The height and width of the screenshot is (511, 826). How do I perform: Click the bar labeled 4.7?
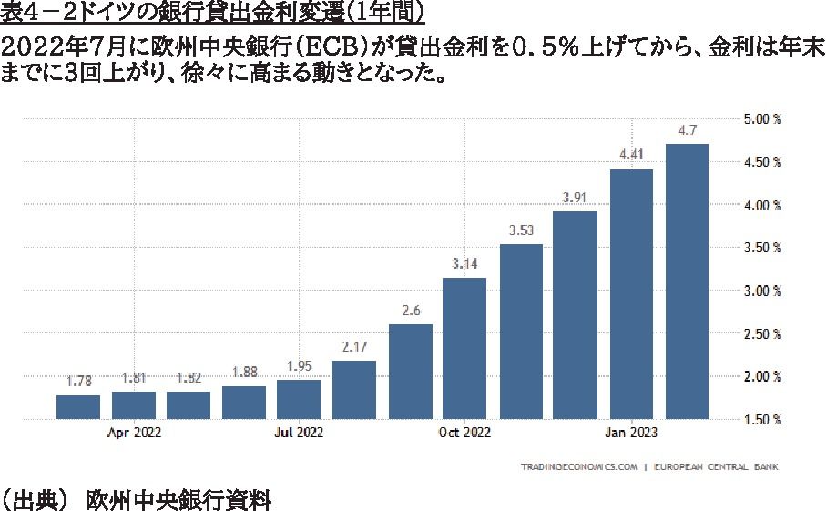point(687,281)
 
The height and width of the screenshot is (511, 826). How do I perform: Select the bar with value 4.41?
point(631,293)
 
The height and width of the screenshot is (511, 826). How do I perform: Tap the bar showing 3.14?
point(464,348)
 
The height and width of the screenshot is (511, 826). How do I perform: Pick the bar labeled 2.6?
point(410,372)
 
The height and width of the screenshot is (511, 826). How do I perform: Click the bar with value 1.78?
point(78,407)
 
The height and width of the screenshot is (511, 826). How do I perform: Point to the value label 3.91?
point(576,197)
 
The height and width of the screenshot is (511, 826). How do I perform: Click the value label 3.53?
point(520,230)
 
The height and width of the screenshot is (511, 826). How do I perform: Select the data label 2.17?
point(354,346)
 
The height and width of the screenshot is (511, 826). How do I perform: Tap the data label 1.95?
point(299,365)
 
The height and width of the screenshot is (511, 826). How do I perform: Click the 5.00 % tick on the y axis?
point(763,119)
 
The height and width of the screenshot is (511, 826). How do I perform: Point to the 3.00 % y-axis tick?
point(763,291)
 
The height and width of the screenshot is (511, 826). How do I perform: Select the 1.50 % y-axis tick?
point(763,419)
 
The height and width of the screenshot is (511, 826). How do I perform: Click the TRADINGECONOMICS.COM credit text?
point(578,468)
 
